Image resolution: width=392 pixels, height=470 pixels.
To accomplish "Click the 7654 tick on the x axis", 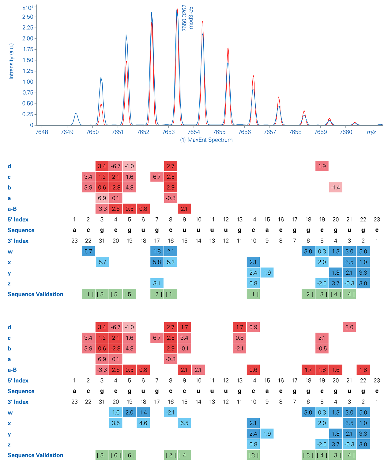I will click(x=194, y=132).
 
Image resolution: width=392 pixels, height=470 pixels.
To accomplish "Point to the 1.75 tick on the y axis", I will click(x=28, y=49).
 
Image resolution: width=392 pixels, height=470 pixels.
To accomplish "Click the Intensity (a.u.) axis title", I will click(x=11, y=61).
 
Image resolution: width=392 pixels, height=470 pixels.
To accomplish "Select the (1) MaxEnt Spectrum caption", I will click(x=206, y=140).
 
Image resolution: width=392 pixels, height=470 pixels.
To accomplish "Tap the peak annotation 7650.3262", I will click(x=184, y=18).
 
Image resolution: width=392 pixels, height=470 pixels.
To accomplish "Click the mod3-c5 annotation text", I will click(x=191, y=18).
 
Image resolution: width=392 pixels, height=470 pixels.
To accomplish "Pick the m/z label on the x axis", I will click(x=371, y=132).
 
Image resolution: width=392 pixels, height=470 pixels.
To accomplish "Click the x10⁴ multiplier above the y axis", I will click(x=28, y=8).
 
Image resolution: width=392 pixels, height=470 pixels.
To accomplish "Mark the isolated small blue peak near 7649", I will click(x=76, y=114).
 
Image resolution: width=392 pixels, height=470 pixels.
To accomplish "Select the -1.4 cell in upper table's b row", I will click(x=336, y=187).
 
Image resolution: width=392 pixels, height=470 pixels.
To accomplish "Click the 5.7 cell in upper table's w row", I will click(x=88, y=251).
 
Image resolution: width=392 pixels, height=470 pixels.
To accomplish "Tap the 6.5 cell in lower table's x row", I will click(x=184, y=423).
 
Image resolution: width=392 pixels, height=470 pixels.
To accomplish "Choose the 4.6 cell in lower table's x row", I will click(x=143, y=423).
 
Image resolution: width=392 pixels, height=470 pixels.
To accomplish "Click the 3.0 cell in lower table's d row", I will click(x=349, y=327).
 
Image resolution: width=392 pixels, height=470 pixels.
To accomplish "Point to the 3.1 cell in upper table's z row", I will click(x=157, y=283).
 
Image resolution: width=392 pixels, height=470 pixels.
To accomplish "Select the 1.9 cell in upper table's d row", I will click(x=322, y=166).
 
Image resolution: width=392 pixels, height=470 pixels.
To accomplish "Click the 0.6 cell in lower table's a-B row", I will click(x=253, y=370).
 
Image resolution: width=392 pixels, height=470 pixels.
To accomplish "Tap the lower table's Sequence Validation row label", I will click(x=36, y=455).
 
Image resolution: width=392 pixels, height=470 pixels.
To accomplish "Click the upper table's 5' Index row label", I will click(x=18, y=220).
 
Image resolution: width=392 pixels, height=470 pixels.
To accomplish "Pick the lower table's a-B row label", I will click(x=12, y=370).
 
